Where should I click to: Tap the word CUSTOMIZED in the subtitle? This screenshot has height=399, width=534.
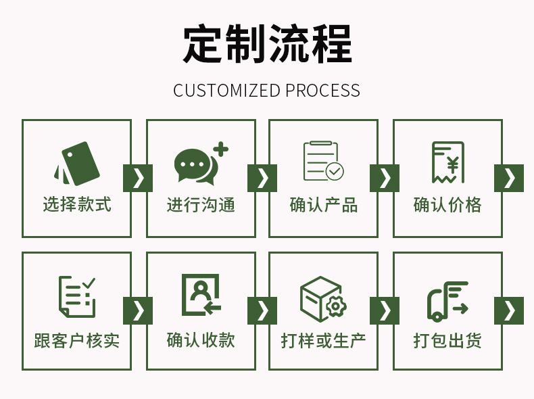point(226,91)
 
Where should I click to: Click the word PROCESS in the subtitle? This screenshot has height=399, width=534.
point(322,91)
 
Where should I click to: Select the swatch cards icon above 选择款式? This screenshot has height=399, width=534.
point(77,162)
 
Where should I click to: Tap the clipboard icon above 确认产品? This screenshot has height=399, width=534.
point(323,161)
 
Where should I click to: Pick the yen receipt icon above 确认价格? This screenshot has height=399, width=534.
point(447,162)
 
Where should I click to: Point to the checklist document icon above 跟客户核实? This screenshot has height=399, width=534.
point(76,297)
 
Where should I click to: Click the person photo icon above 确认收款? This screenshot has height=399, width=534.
point(201,296)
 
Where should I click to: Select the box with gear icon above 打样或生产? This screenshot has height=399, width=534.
point(323,298)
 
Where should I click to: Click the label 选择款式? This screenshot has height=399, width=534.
point(77,204)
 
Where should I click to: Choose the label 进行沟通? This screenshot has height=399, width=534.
point(201,204)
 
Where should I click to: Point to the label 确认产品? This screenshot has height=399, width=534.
point(324,204)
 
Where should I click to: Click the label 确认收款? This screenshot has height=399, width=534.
point(201,339)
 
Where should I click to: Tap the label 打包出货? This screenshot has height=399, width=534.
point(447,339)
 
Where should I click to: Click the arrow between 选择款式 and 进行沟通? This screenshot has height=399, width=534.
point(138,178)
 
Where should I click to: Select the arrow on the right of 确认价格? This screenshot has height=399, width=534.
point(509,178)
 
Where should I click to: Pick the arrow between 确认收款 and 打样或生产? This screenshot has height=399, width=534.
point(262,310)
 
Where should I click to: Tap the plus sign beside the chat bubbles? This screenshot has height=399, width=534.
point(220,149)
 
